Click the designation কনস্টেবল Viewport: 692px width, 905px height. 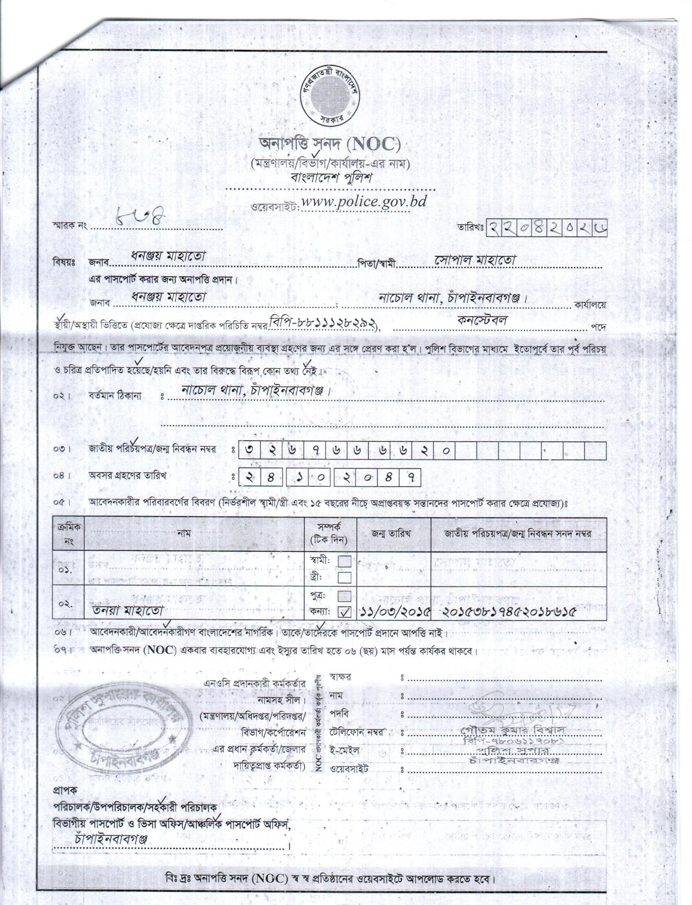coord(482,321)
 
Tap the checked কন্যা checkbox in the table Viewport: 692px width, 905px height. coord(345,613)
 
